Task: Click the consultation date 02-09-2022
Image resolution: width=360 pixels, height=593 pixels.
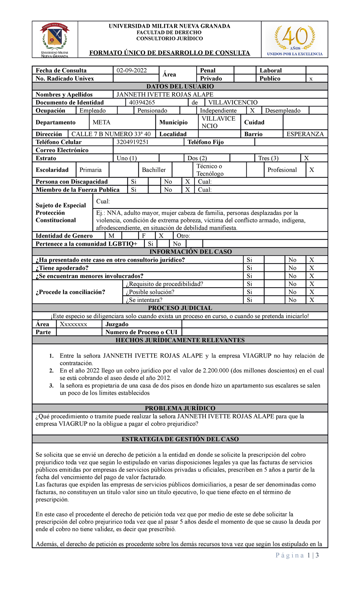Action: point(132,71)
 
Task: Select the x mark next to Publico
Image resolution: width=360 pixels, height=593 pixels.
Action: point(311,79)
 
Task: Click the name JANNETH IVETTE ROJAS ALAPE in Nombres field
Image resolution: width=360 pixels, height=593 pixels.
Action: point(165,95)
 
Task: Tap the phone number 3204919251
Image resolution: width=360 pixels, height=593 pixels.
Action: point(132,142)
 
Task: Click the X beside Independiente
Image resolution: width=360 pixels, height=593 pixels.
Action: point(252,111)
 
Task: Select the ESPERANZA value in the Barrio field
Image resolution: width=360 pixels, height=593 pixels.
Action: point(305,134)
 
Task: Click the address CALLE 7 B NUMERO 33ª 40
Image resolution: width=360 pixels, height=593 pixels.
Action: point(111,134)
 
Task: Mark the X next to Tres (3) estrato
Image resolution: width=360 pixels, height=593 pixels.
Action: point(306,158)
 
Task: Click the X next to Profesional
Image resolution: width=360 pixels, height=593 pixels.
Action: point(312,170)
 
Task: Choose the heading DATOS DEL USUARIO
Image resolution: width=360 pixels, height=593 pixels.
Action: point(180,86)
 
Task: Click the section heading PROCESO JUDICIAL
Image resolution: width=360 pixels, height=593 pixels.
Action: point(180,308)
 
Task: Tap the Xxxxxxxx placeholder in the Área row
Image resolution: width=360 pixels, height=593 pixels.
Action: point(73,324)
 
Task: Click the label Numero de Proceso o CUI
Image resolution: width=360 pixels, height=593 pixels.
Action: point(141,332)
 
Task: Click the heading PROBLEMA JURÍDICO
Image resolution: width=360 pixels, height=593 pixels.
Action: point(180,408)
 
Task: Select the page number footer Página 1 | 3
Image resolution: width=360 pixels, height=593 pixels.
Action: point(297,555)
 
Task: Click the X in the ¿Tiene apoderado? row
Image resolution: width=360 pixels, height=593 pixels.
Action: point(312,268)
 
